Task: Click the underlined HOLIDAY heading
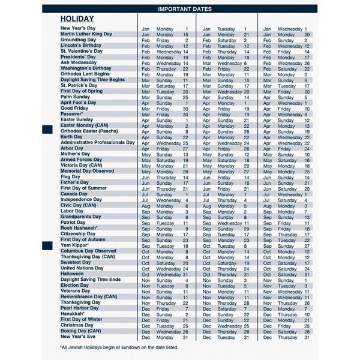(x=77, y=19)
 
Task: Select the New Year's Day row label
(x=78, y=28)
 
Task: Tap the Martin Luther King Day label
(x=86, y=34)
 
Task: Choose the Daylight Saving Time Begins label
(x=92, y=80)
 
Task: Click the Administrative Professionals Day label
(x=98, y=143)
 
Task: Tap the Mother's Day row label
(x=76, y=154)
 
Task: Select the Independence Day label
(x=81, y=200)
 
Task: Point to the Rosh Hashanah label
(x=79, y=228)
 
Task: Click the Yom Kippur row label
(x=74, y=245)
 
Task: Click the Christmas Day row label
(x=77, y=325)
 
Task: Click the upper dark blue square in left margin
(x=47, y=130)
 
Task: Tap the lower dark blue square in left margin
(x=47, y=245)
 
